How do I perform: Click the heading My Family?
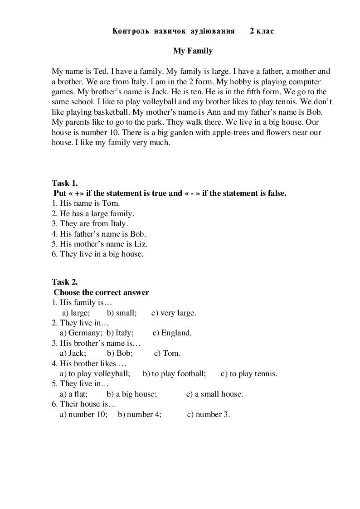point(193,51)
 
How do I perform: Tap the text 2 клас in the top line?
point(262,31)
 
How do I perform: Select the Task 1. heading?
point(65,183)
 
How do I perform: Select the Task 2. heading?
point(65,282)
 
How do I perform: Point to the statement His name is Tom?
point(86,204)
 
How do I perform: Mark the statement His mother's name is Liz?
point(100,244)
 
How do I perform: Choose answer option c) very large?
point(174,313)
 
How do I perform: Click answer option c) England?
point(172,333)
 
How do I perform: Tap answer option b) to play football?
point(174,373)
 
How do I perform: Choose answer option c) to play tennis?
point(248,373)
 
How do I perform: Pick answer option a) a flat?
point(73,394)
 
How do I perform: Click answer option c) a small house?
point(214,394)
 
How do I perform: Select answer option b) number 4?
point(140,414)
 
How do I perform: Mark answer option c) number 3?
point(208,414)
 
